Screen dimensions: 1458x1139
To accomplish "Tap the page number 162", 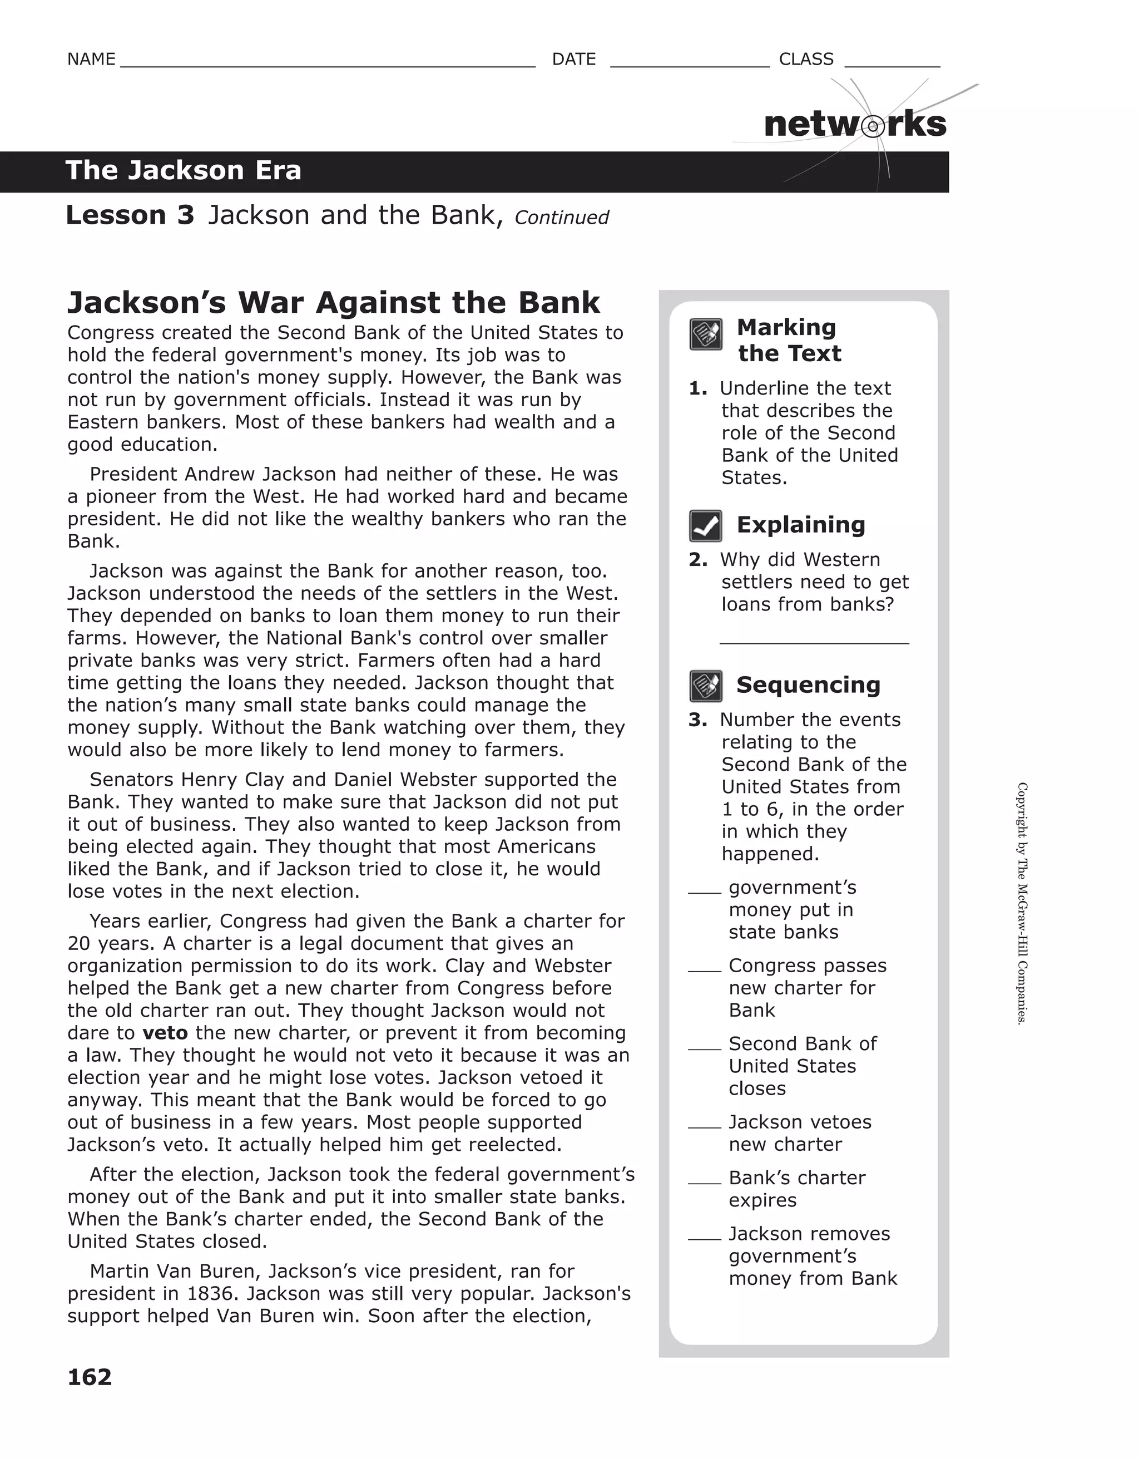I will coord(90,1377).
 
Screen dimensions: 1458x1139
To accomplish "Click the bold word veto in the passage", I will coord(165,1033).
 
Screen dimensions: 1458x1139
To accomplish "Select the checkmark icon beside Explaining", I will coord(705,526).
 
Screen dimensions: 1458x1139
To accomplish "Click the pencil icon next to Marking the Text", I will coord(705,334).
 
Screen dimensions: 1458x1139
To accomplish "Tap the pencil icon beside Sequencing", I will coord(705,686).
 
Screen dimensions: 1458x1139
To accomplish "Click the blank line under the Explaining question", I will coord(814,642).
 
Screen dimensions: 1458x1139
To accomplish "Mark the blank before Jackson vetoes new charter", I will coord(704,1126).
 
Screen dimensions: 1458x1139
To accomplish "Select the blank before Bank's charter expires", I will coord(704,1183).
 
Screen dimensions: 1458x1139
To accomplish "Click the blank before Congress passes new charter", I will coord(704,970).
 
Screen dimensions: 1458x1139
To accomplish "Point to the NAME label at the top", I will coord(91,60).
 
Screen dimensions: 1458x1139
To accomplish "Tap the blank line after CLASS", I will coord(892,66).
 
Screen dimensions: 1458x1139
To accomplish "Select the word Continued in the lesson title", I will coord(561,218).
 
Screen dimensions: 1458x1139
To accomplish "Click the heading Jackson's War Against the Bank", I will coord(334,302).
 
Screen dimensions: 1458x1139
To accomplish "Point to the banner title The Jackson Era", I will coord(184,171).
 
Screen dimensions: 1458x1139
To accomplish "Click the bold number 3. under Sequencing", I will coord(697,720).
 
